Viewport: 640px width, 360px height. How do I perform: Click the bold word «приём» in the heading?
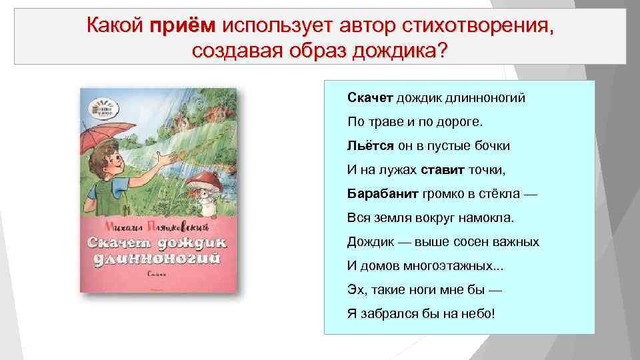[183, 27]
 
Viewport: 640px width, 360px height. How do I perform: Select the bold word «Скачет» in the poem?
[370, 98]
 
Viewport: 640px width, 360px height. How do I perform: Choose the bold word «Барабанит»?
[381, 193]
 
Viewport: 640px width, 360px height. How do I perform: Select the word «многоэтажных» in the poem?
[453, 265]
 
